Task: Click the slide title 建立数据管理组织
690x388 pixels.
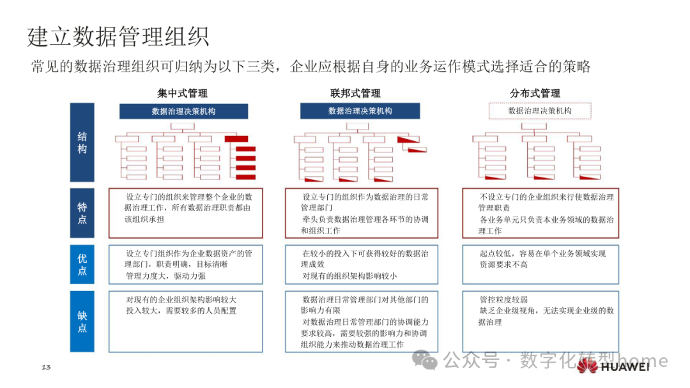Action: point(119,36)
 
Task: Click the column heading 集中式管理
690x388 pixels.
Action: point(183,93)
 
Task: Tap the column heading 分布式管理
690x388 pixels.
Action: point(535,93)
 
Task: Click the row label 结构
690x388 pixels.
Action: point(82,143)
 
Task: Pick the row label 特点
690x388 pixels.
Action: point(82,213)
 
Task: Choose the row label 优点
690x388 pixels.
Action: point(82,265)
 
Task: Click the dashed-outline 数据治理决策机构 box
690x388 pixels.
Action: point(540,111)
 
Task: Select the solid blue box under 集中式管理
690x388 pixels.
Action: point(183,111)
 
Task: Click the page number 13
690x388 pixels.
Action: point(46,367)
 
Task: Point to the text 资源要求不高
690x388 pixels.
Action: point(504,264)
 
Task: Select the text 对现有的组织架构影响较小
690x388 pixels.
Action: point(349,276)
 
